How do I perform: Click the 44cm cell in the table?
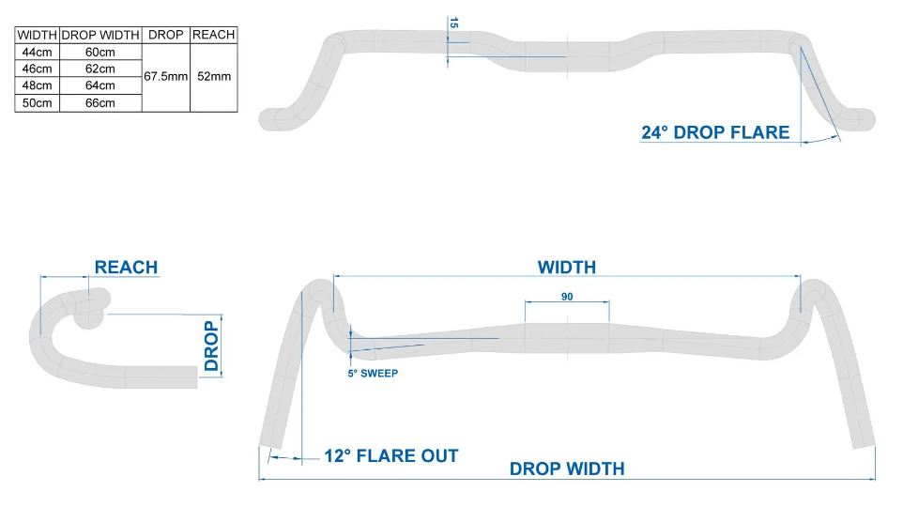click(x=37, y=52)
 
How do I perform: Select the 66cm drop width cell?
click(x=100, y=103)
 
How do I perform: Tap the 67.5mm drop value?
click(x=166, y=77)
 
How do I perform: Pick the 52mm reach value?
click(x=214, y=77)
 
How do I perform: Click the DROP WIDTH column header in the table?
click(x=100, y=35)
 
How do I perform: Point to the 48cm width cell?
click(x=37, y=85)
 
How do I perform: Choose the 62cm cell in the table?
click(x=100, y=69)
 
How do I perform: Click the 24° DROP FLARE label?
click(x=715, y=132)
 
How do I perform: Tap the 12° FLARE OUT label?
click(x=391, y=456)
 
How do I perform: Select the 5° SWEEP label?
click(x=373, y=374)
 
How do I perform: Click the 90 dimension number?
click(x=567, y=297)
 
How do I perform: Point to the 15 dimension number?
click(x=453, y=23)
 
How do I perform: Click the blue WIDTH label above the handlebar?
click(x=567, y=268)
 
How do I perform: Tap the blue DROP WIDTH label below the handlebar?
click(x=567, y=469)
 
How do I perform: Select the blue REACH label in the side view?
click(x=126, y=268)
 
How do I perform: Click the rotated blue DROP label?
click(x=211, y=346)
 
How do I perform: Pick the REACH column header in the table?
click(x=214, y=35)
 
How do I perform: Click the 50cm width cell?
click(x=37, y=103)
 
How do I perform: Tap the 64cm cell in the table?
click(x=100, y=85)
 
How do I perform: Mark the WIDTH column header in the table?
click(x=37, y=35)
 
